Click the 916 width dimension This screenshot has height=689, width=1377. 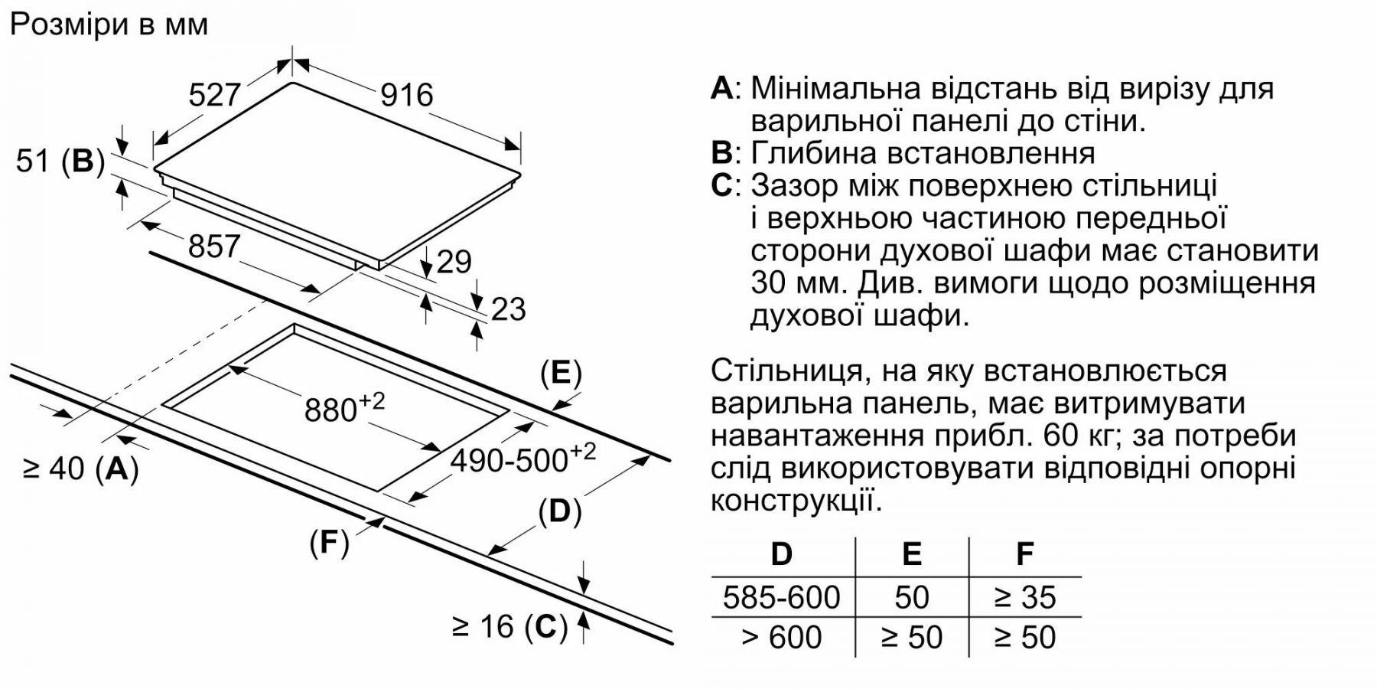tap(407, 95)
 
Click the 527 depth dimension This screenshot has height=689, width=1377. tap(215, 95)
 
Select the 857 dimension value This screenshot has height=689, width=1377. tap(214, 247)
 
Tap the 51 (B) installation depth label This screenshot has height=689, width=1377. tap(60, 162)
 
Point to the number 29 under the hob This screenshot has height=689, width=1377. tap(454, 263)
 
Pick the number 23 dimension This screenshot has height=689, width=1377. tap(509, 309)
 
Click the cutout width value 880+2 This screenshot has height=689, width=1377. tap(345, 408)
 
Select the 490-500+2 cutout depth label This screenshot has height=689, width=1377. tap(523, 459)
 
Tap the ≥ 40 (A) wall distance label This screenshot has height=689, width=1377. tap(81, 469)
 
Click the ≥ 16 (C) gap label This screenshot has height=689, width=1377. tap(510, 627)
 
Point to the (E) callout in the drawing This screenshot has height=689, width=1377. tap(562, 374)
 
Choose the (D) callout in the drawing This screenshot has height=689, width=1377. tap(561, 511)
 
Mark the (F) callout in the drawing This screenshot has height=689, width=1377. tap(330, 542)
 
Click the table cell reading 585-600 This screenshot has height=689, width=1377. tap(782, 597)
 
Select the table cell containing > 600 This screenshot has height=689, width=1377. tap(782, 637)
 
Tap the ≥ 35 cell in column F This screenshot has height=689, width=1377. tap(1025, 597)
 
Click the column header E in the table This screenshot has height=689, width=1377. tap(912, 553)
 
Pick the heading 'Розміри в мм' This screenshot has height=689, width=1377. tap(109, 24)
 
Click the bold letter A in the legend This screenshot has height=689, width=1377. tap(722, 88)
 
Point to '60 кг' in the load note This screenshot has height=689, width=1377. tap(1081, 436)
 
